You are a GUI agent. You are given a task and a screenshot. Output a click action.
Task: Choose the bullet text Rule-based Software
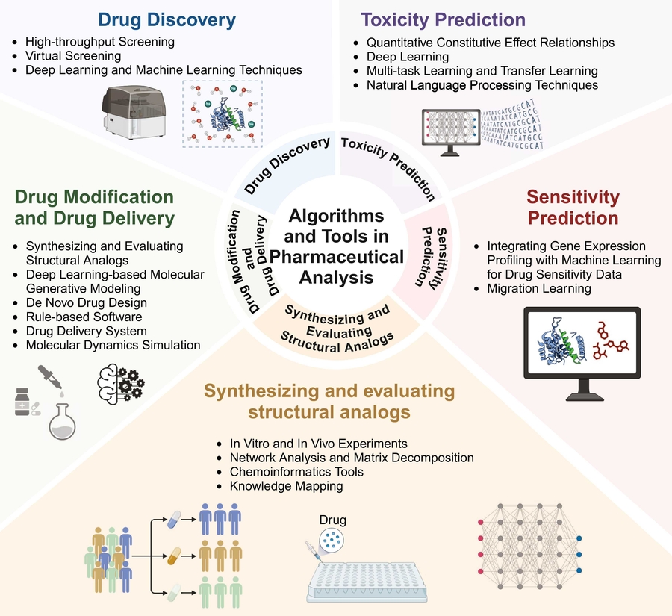click(84, 317)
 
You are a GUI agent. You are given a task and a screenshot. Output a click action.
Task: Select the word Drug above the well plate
click(332, 520)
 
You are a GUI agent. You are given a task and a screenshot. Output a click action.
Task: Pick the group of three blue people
click(221, 520)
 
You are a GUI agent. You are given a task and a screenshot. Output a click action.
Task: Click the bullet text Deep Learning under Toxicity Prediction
click(408, 57)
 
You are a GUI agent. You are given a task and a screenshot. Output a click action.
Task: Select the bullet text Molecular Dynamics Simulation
click(113, 345)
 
